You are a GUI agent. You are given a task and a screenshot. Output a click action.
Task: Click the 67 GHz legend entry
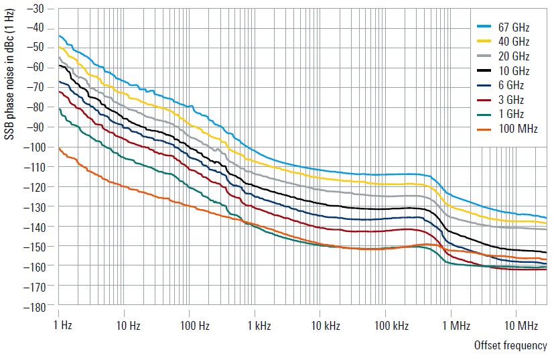[513, 27]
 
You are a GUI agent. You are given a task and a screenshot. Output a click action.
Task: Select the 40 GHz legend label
[513, 42]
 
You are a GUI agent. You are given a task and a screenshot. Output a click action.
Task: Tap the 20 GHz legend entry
[513, 56]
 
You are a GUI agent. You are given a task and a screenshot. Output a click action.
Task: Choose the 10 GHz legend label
[513, 71]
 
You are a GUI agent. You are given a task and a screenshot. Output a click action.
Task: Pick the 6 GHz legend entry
[510, 85]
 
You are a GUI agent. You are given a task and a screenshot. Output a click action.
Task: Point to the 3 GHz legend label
[510, 100]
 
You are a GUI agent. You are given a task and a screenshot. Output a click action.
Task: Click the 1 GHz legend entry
[510, 114]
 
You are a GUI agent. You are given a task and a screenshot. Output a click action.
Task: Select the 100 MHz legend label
[515, 129]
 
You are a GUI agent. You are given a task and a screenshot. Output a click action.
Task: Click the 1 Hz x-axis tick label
[62, 326]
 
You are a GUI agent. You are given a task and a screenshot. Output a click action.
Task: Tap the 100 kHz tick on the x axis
[388, 326]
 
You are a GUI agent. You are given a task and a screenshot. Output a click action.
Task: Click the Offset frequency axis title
[510, 346]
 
